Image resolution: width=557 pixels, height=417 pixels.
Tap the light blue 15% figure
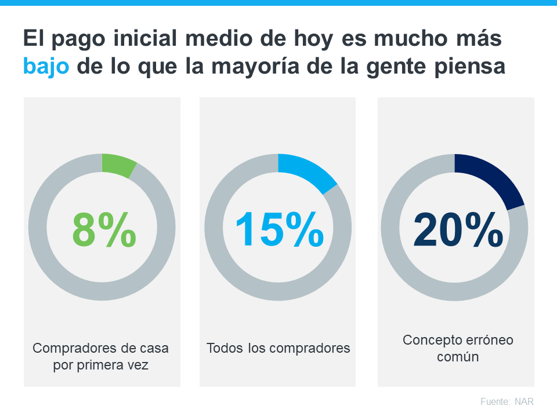279,228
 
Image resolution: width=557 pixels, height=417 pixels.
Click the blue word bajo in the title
46,65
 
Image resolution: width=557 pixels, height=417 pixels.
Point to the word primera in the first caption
103,365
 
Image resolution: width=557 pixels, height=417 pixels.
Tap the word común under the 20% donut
458,357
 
